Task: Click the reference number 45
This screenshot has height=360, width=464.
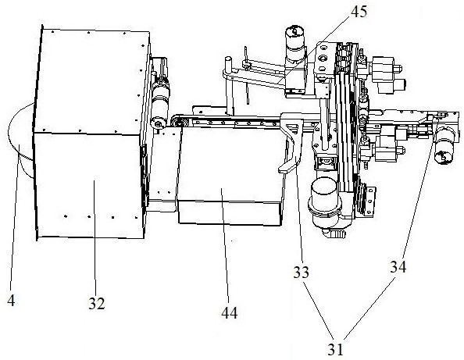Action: (359, 12)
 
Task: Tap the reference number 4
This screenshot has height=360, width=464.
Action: (11, 301)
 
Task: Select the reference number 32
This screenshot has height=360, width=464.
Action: (96, 304)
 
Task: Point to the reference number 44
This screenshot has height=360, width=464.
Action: (230, 312)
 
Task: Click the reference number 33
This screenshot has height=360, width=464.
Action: (301, 272)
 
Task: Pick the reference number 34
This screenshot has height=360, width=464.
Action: (398, 267)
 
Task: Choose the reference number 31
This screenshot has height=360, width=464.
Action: (336, 349)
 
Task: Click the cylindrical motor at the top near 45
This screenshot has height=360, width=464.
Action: (294, 45)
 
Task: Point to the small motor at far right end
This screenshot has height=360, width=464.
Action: (443, 145)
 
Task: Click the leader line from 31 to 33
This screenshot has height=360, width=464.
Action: (319, 311)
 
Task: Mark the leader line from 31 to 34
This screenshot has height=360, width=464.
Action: (369, 308)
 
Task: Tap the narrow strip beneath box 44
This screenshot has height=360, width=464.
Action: (230, 212)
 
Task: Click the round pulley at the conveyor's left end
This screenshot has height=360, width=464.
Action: (177, 122)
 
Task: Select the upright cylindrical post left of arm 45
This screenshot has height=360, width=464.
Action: (229, 86)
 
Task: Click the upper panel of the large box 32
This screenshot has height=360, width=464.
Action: (91, 81)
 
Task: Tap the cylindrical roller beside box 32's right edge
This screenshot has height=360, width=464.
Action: (160, 102)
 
